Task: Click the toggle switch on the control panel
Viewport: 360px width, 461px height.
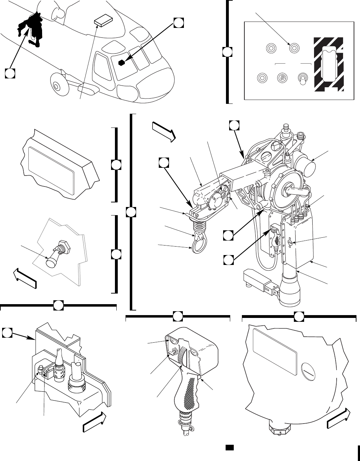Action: point(302,79)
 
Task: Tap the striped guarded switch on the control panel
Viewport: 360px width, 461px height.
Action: point(328,65)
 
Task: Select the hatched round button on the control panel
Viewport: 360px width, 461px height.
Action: point(281,77)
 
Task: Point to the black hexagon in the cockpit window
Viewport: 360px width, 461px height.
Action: point(122,63)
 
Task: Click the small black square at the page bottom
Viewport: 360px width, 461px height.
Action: point(229,448)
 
